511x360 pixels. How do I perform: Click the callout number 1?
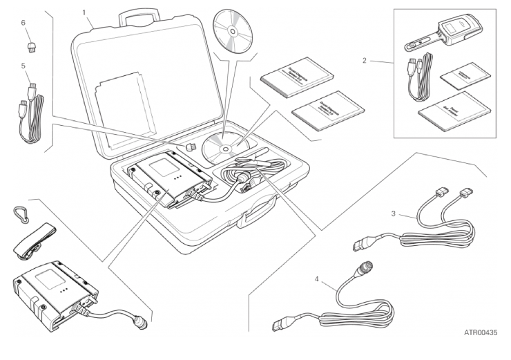click(x=84, y=12)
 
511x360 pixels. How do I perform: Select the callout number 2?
click(x=364, y=61)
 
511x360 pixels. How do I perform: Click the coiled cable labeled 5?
click(x=29, y=117)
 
